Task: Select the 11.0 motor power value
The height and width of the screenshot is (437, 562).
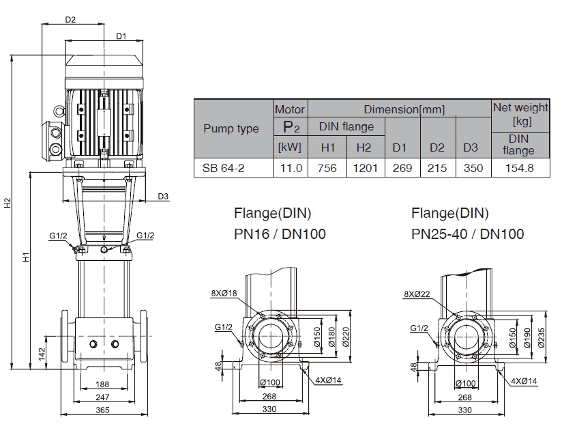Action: click(292, 168)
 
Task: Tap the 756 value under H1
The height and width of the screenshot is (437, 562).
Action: click(328, 168)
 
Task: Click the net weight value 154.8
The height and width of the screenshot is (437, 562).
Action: click(520, 168)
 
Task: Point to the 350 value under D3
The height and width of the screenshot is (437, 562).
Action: click(472, 168)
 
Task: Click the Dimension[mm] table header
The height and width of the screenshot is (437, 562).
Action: click(404, 109)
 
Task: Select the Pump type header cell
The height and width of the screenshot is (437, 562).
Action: click(231, 128)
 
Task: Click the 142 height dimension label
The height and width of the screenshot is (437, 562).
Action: click(42, 353)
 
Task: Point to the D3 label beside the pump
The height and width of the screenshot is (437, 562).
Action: click(163, 197)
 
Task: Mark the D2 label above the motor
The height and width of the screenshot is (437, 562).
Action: click(70, 20)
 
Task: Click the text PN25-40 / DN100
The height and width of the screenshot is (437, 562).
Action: click(467, 234)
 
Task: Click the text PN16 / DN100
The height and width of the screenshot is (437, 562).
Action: click(280, 234)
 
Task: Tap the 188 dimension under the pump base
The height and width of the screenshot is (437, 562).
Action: click(102, 384)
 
